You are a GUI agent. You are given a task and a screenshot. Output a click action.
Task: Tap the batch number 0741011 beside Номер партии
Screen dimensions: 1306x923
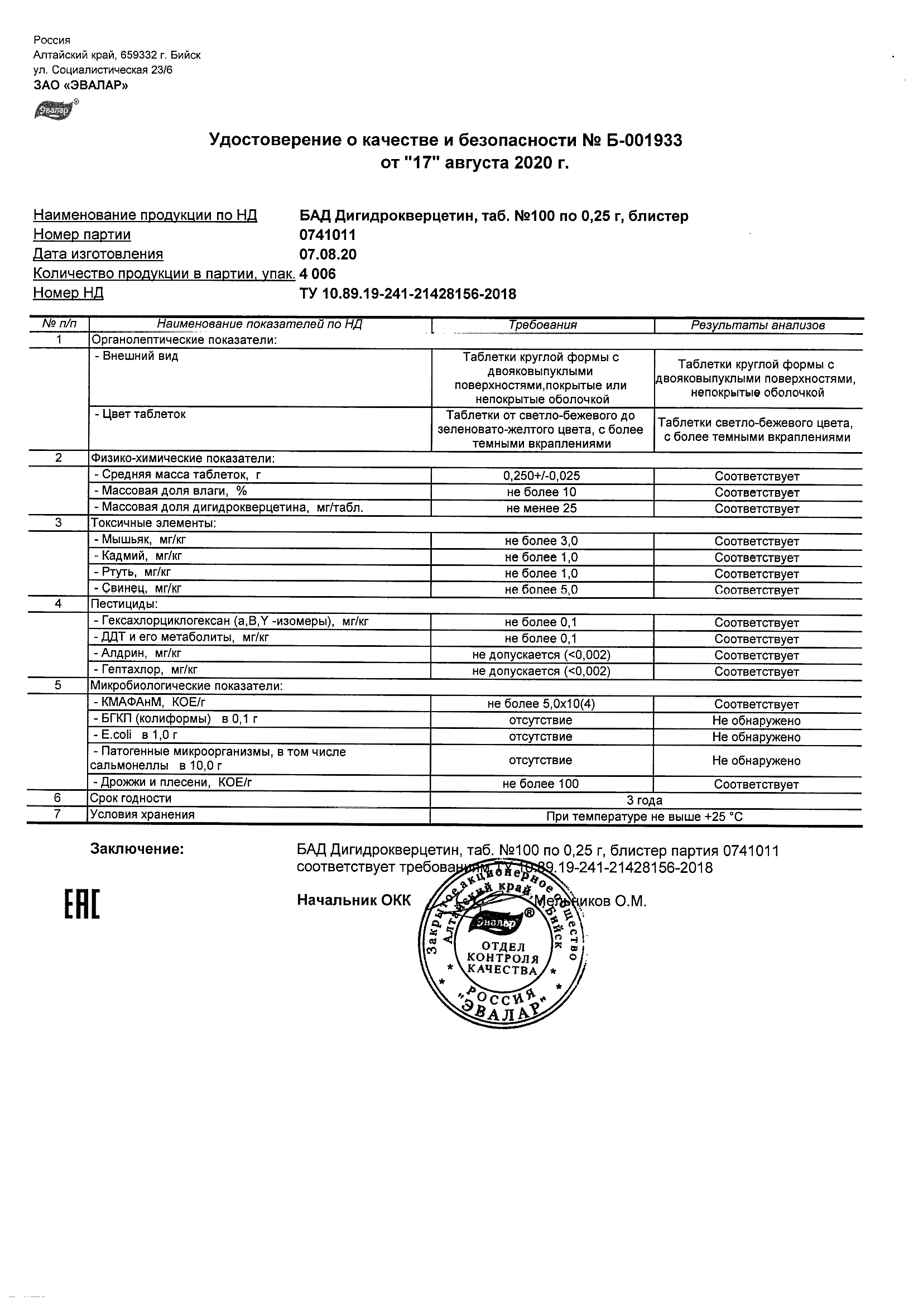click(328, 235)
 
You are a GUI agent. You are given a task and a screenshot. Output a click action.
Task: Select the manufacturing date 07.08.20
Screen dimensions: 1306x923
click(328, 255)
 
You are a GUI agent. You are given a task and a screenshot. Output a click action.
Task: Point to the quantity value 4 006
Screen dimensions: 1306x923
click(318, 274)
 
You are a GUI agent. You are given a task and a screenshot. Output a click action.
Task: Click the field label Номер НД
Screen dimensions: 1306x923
click(68, 293)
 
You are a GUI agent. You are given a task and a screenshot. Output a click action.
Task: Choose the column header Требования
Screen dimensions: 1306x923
click(542, 325)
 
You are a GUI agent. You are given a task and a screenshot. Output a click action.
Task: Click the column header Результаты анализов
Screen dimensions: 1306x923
click(757, 325)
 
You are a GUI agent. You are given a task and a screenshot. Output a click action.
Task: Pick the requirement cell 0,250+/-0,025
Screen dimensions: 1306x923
click(542, 476)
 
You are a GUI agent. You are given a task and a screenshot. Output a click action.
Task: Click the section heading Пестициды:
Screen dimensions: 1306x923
click(124, 604)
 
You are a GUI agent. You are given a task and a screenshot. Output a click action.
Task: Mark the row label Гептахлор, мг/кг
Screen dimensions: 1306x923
click(146, 670)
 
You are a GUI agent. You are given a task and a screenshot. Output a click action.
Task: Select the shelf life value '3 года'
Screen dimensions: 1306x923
click(645, 800)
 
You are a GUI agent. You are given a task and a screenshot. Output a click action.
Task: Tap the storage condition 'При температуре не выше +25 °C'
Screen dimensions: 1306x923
click(645, 817)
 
